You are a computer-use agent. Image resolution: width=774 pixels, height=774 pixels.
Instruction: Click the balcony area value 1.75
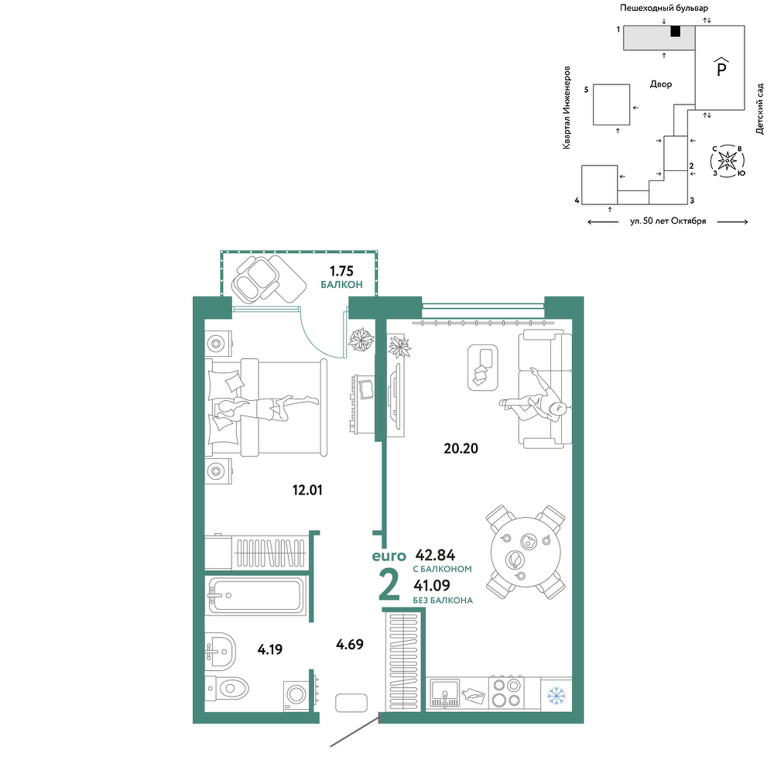341,271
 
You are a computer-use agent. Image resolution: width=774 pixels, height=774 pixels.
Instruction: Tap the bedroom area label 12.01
307,490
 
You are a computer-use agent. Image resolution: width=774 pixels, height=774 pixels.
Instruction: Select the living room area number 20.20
461,449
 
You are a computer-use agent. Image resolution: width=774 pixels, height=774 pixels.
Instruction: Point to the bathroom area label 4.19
270,649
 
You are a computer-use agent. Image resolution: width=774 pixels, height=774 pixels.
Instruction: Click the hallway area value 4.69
350,644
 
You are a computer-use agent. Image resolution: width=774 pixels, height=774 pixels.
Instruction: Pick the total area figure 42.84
435,555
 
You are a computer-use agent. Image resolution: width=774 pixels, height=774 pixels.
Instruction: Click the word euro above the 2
389,557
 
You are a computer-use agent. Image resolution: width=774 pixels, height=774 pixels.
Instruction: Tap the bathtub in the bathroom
255,596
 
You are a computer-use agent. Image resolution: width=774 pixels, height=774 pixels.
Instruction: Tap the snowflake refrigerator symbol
557,696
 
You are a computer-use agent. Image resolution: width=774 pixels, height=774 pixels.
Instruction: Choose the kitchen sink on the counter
445,693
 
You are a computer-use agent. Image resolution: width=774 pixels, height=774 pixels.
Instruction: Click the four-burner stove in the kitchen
506,693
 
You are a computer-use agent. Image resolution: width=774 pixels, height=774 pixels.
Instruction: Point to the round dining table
526,552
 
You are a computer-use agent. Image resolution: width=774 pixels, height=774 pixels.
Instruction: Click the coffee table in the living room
483,368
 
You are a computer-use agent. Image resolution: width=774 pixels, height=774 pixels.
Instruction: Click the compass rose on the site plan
727,160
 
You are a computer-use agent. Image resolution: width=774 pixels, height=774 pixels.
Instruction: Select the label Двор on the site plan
661,84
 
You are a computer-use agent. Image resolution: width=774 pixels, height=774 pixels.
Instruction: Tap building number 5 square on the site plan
611,104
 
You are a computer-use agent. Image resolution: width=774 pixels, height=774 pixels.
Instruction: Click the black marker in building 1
675,32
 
